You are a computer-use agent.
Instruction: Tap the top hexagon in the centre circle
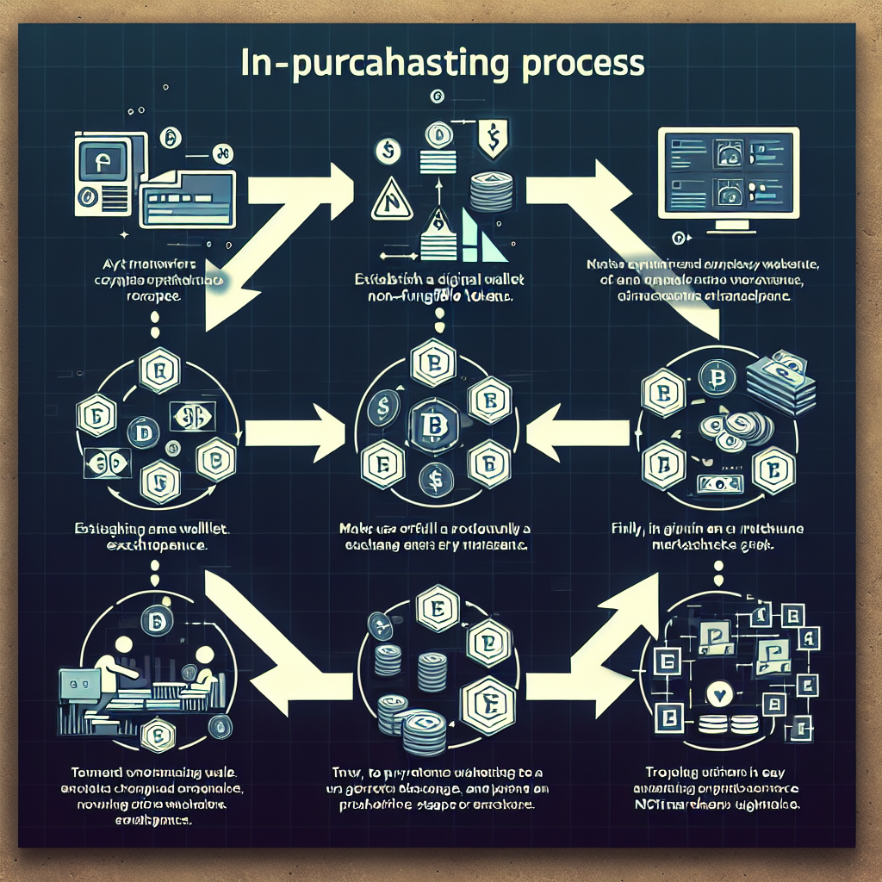click(428, 362)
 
